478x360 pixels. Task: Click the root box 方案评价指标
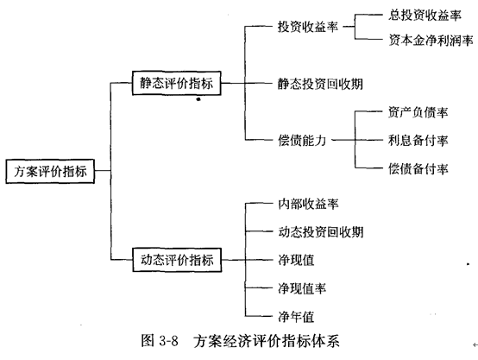click(50, 171)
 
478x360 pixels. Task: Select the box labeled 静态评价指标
click(177, 83)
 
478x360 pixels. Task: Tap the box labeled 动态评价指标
click(177, 260)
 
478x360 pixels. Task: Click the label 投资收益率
click(308, 27)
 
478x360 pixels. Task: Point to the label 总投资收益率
click(425, 15)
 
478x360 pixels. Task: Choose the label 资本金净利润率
click(431, 40)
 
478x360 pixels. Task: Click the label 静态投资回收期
click(320, 84)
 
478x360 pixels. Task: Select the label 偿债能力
click(302, 141)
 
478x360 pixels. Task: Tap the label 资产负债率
click(418, 112)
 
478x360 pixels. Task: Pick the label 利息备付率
click(418, 141)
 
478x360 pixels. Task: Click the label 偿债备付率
click(418, 168)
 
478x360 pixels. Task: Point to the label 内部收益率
click(308, 204)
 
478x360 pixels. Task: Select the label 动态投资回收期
click(321, 232)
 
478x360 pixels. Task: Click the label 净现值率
click(302, 288)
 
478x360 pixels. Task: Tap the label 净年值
click(296, 317)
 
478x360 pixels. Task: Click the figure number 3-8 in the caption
click(168, 341)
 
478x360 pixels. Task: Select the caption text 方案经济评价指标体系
click(267, 341)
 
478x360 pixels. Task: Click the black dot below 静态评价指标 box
click(198, 99)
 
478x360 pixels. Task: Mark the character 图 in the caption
click(148, 340)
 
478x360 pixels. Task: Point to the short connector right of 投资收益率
click(349, 27)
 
